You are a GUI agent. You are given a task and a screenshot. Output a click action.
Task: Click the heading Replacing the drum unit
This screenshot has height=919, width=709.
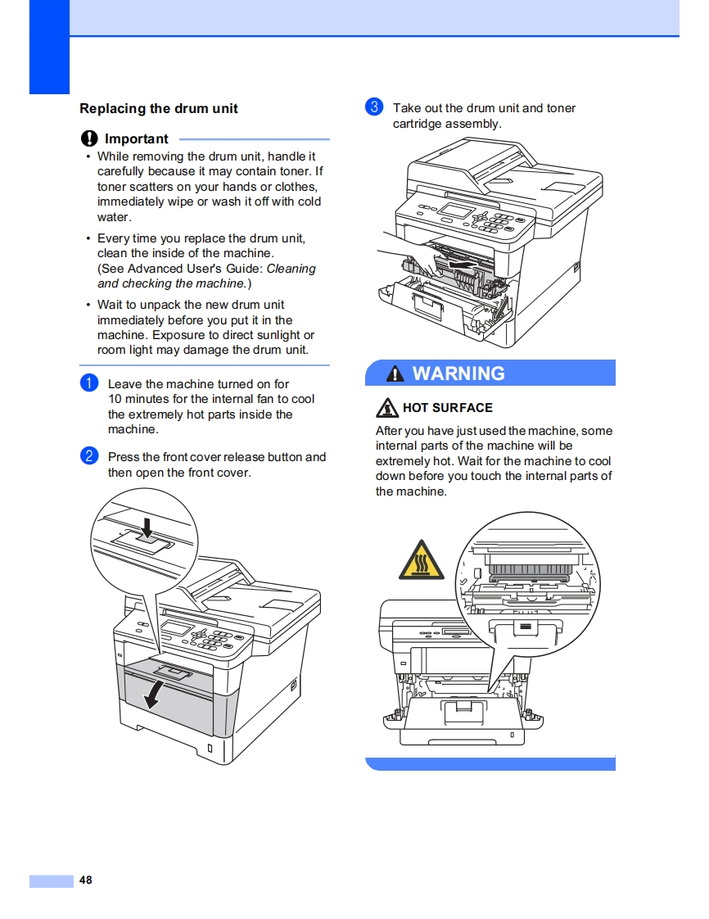(x=159, y=108)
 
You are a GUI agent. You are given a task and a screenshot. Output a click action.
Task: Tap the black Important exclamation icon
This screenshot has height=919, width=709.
(x=89, y=139)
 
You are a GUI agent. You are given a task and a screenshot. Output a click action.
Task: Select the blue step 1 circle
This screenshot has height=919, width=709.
(x=89, y=383)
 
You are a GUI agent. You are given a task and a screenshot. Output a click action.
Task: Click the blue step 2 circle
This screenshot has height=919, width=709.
(x=89, y=457)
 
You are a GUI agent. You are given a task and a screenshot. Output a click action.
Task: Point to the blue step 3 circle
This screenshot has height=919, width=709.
(x=373, y=107)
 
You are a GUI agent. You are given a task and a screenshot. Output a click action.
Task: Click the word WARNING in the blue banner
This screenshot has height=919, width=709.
(x=458, y=373)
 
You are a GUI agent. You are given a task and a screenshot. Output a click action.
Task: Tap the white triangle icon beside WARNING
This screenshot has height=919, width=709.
(x=395, y=374)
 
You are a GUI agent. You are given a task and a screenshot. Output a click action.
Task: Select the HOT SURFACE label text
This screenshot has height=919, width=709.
(x=448, y=408)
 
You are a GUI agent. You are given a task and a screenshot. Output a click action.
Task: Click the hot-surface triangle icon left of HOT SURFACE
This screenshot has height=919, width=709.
(x=387, y=407)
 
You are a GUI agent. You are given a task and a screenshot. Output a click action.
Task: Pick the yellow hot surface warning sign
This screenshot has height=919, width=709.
(x=422, y=560)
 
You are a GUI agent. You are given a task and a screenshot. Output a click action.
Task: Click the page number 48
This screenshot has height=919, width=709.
(x=86, y=881)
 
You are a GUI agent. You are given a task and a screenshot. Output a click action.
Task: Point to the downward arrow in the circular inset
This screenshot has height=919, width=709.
(x=147, y=525)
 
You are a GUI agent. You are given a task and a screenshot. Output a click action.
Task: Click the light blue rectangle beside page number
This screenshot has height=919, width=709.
(x=51, y=881)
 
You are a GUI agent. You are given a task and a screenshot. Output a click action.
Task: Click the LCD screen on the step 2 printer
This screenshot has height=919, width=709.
(x=179, y=632)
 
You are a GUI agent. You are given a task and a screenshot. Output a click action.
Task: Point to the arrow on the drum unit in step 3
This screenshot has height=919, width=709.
(x=460, y=265)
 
